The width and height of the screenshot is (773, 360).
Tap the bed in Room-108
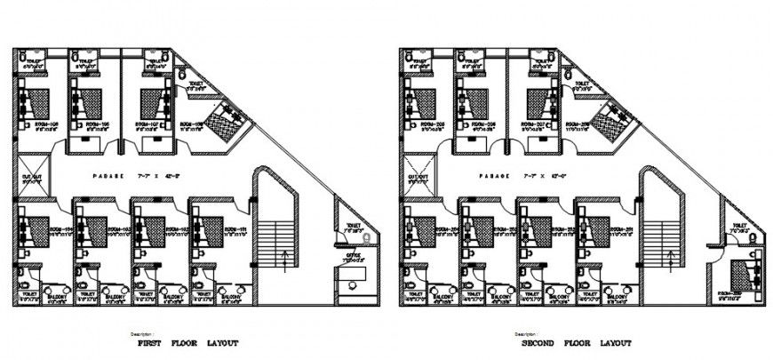click(230, 119)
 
